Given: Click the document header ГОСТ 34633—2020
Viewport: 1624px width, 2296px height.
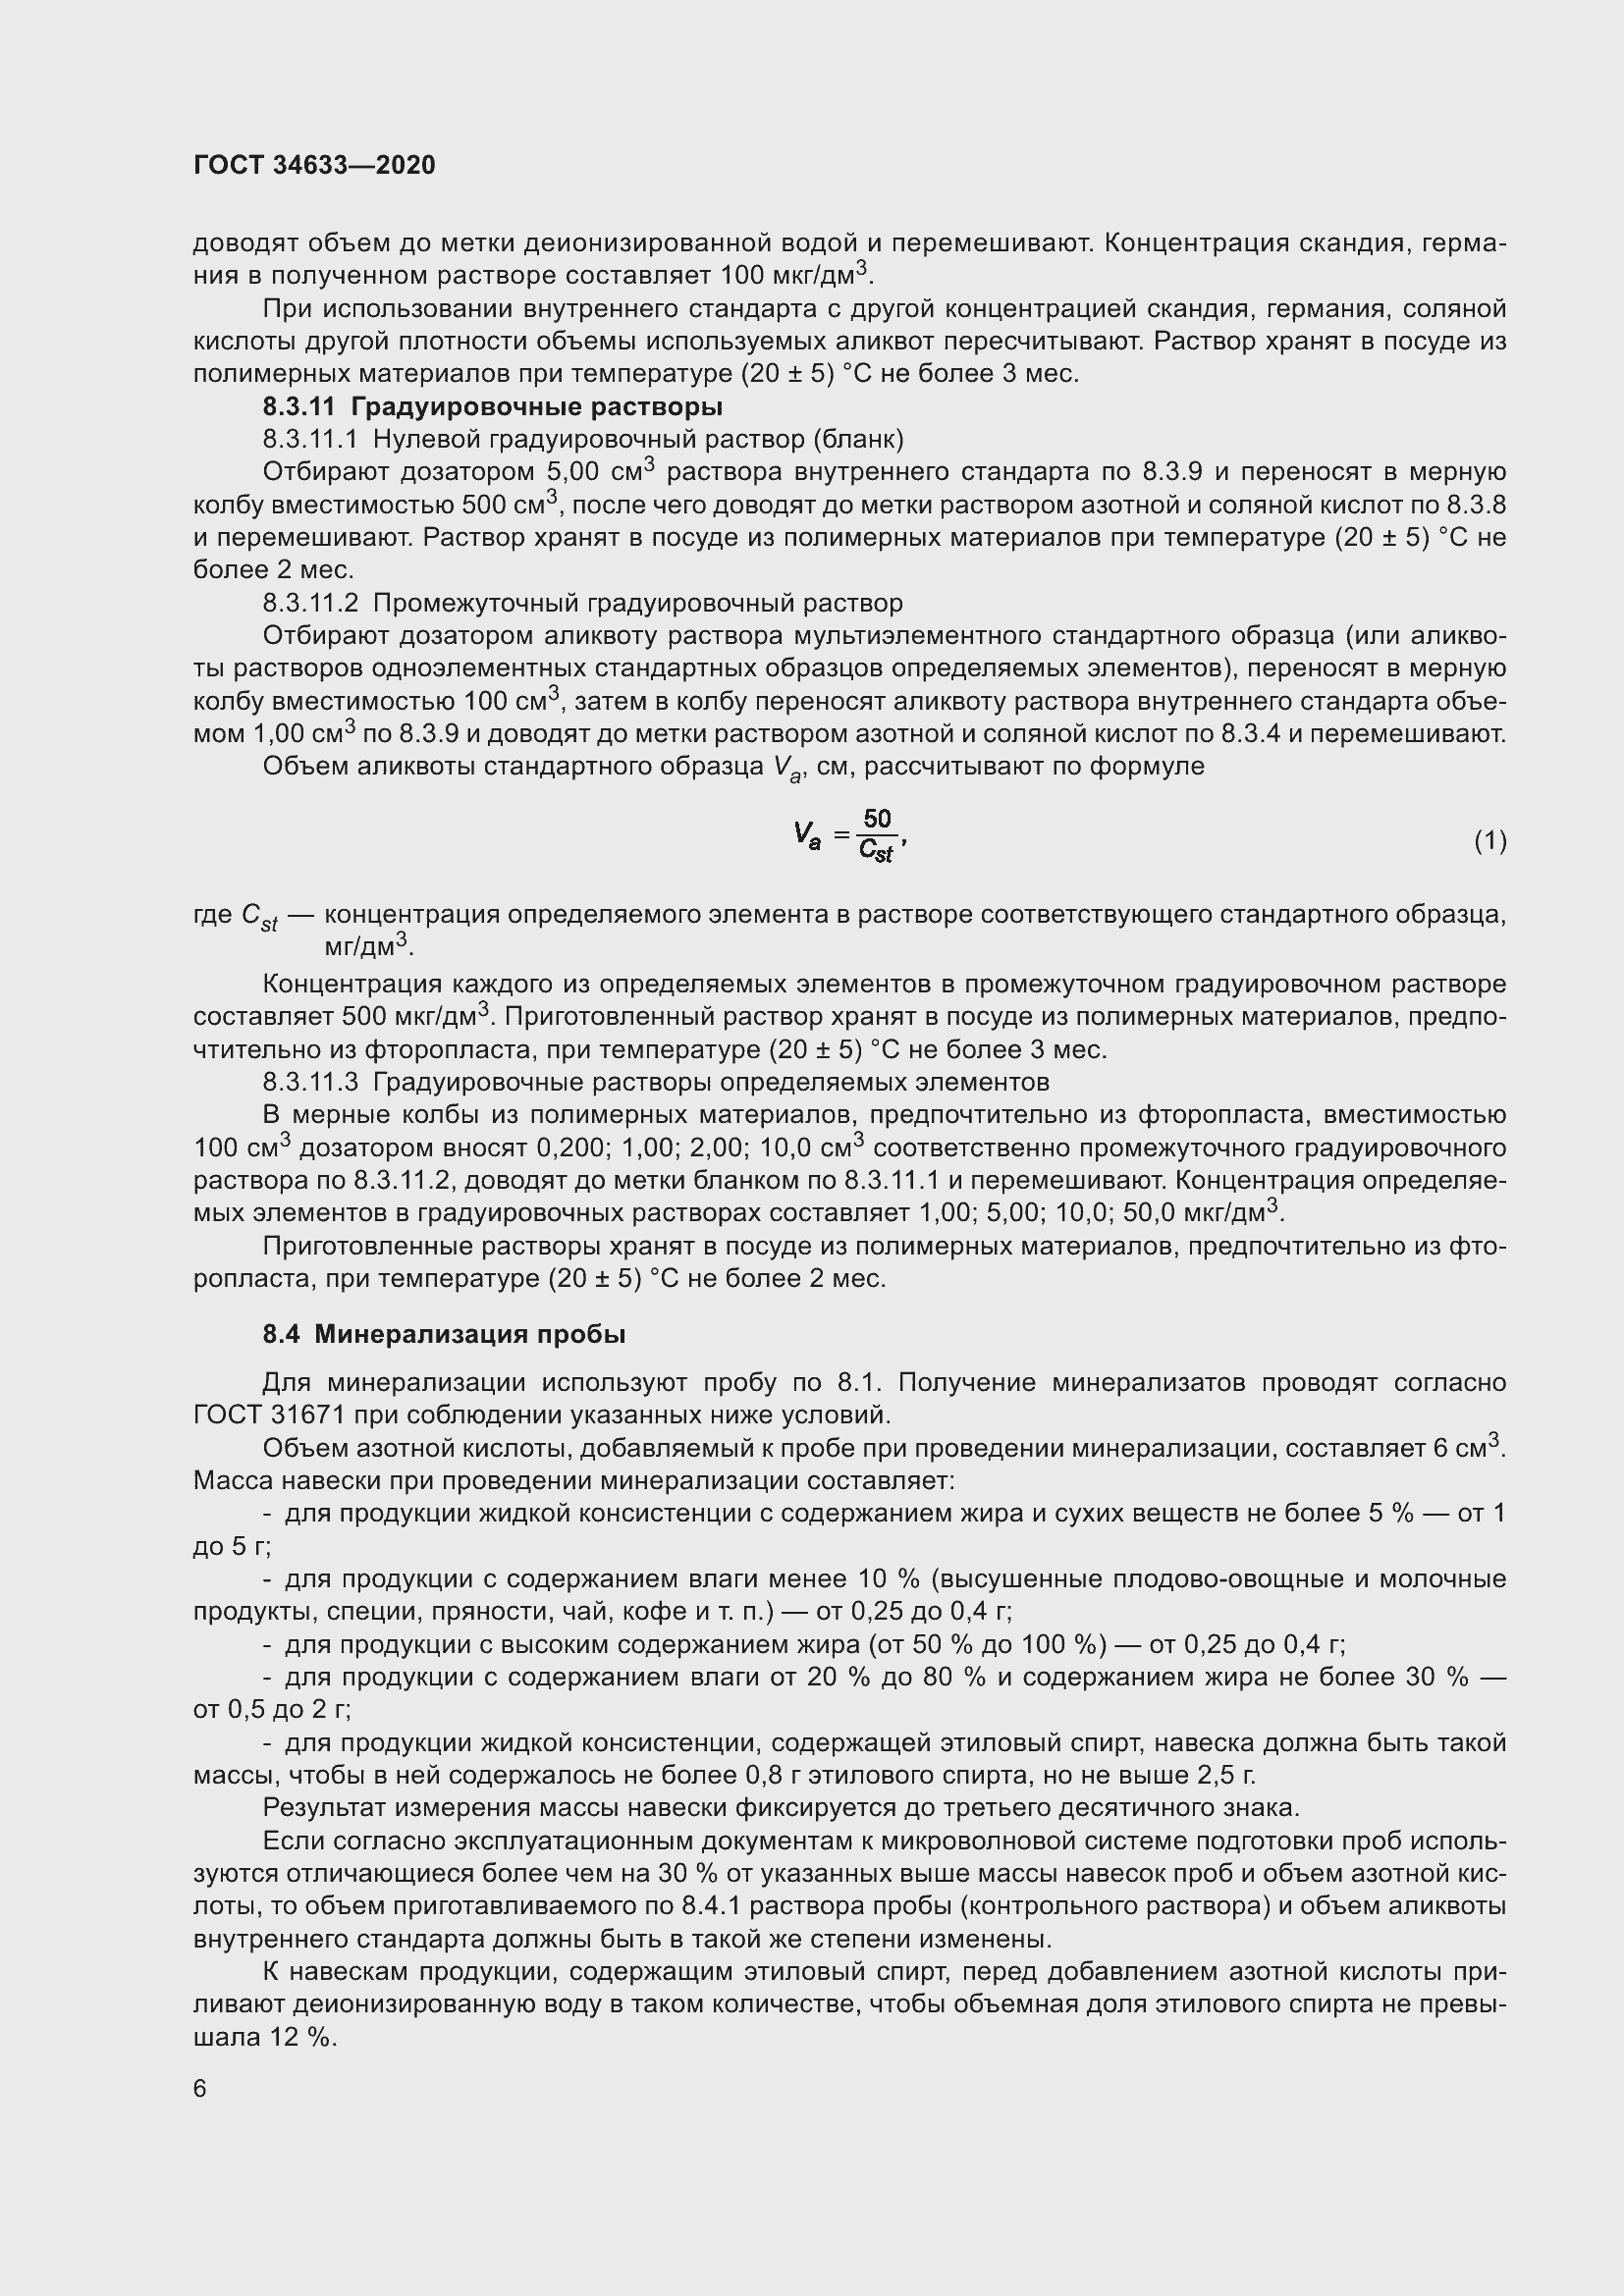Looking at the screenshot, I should pyautogui.click(x=314, y=165).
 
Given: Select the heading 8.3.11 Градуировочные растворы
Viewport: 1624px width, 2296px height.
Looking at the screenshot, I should pyautogui.click(x=492, y=407).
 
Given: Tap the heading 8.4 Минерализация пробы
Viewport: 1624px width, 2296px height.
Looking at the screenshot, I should pyautogui.click(x=444, y=1334).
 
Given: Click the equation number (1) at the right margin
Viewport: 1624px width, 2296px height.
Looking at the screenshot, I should pyautogui.click(x=1489, y=841).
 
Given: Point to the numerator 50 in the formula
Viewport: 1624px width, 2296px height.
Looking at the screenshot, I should pyautogui.click(x=877, y=820).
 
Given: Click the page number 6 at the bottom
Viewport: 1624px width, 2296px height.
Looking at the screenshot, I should pyautogui.click(x=200, y=2089).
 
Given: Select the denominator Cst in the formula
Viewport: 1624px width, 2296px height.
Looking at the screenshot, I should pyautogui.click(x=876, y=852).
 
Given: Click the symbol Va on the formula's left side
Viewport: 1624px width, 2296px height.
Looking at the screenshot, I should pyautogui.click(x=807, y=835).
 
